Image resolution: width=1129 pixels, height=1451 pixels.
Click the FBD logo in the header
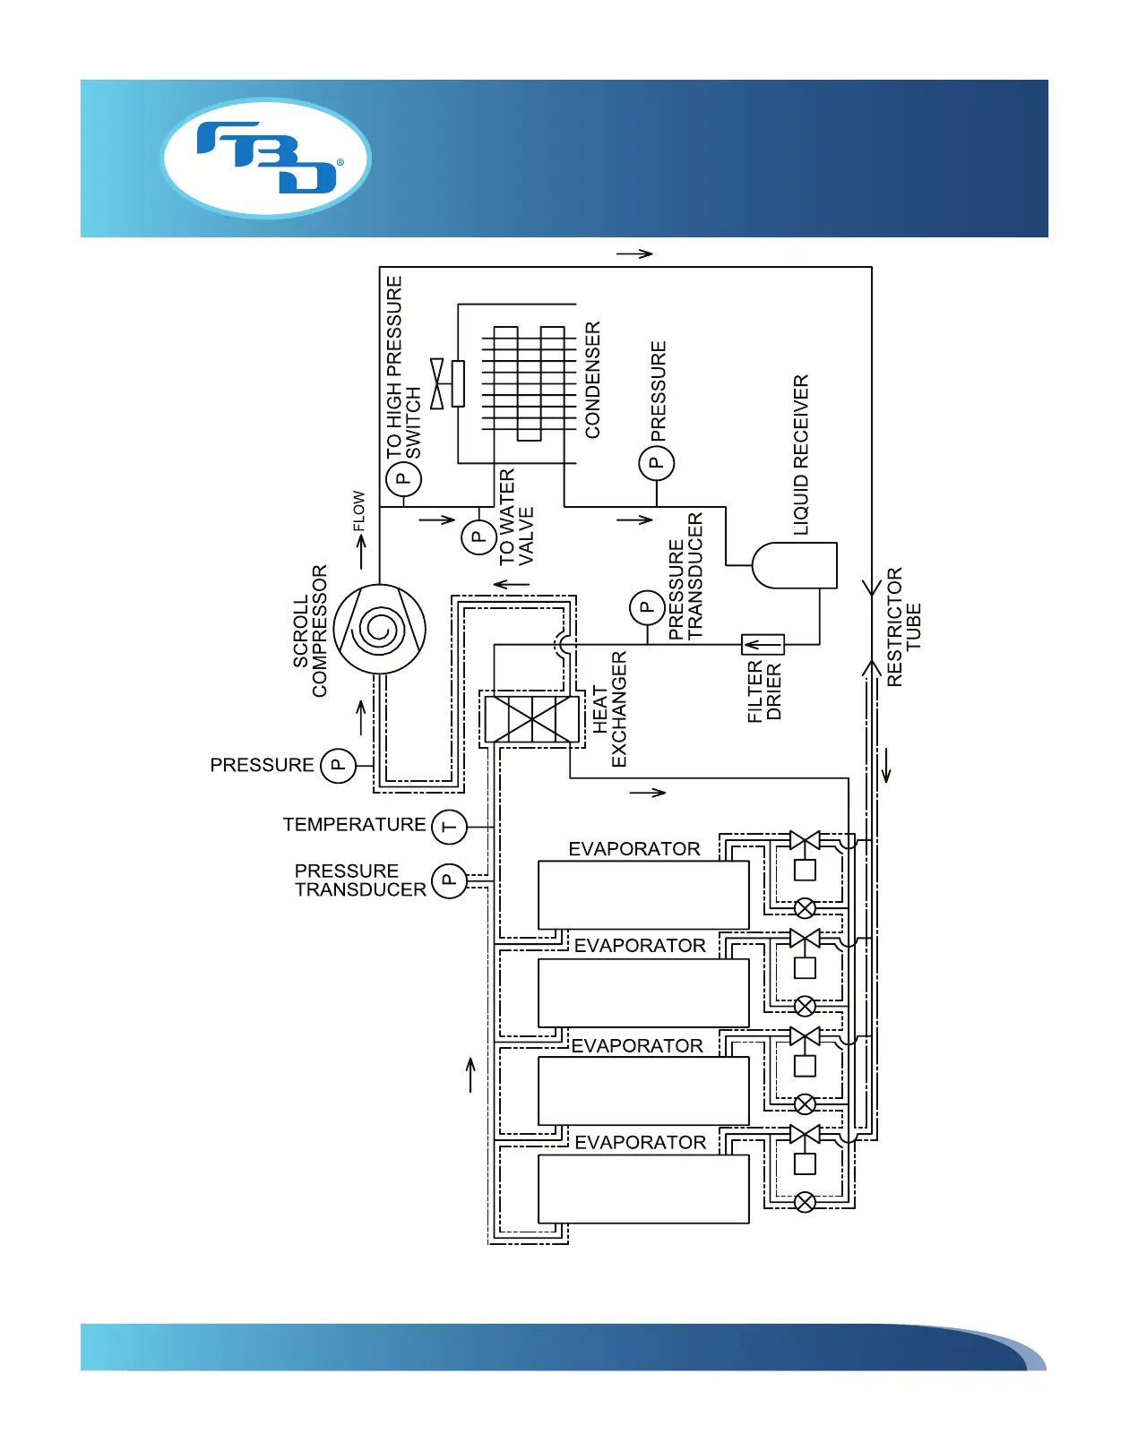pyautogui.click(x=266, y=158)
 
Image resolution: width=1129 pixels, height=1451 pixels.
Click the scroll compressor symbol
pyautogui.click(x=380, y=629)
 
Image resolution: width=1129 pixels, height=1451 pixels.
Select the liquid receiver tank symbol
pyautogui.click(x=795, y=565)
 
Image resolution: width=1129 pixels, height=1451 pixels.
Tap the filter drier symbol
pyautogui.click(x=763, y=644)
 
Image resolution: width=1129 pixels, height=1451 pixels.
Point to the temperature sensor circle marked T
pyautogui.click(x=450, y=826)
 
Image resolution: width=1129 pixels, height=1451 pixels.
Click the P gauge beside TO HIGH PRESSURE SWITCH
pyautogui.click(x=403, y=479)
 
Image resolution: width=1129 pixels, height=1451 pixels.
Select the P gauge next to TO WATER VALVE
pyautogui.click(x=478, y=537)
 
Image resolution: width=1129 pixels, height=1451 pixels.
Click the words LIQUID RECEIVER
pyautogui.click(x=801, y=455)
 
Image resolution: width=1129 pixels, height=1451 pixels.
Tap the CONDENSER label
pyautogui.click(x=592, y=380)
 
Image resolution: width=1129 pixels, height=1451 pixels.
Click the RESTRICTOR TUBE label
pyautogui.click(x=903, y=627)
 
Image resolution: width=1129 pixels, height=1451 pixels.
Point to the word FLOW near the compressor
pyautogui.click(x=358, y=511)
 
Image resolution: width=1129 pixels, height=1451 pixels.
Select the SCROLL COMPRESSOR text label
pyautogui.click(x=310, y=631)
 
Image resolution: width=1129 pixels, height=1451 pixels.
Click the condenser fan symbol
pyautogui.click(x=437, y=383)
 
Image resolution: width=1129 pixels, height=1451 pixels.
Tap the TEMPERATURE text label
pyautogui.click(x=355, y=824)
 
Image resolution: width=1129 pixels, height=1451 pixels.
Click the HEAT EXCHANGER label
pyautogui.click(x=609, y=709)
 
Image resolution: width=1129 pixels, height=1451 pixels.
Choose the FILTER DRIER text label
pyautogui.click(x=764, y=691)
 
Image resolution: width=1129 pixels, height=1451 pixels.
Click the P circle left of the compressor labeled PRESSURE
pyautogui.click(x=339, y=765)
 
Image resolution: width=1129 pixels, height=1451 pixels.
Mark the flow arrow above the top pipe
pyautogui.click(x=634, y=253)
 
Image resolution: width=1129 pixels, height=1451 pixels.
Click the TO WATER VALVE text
pyautogui.click(x=516, y=518)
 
